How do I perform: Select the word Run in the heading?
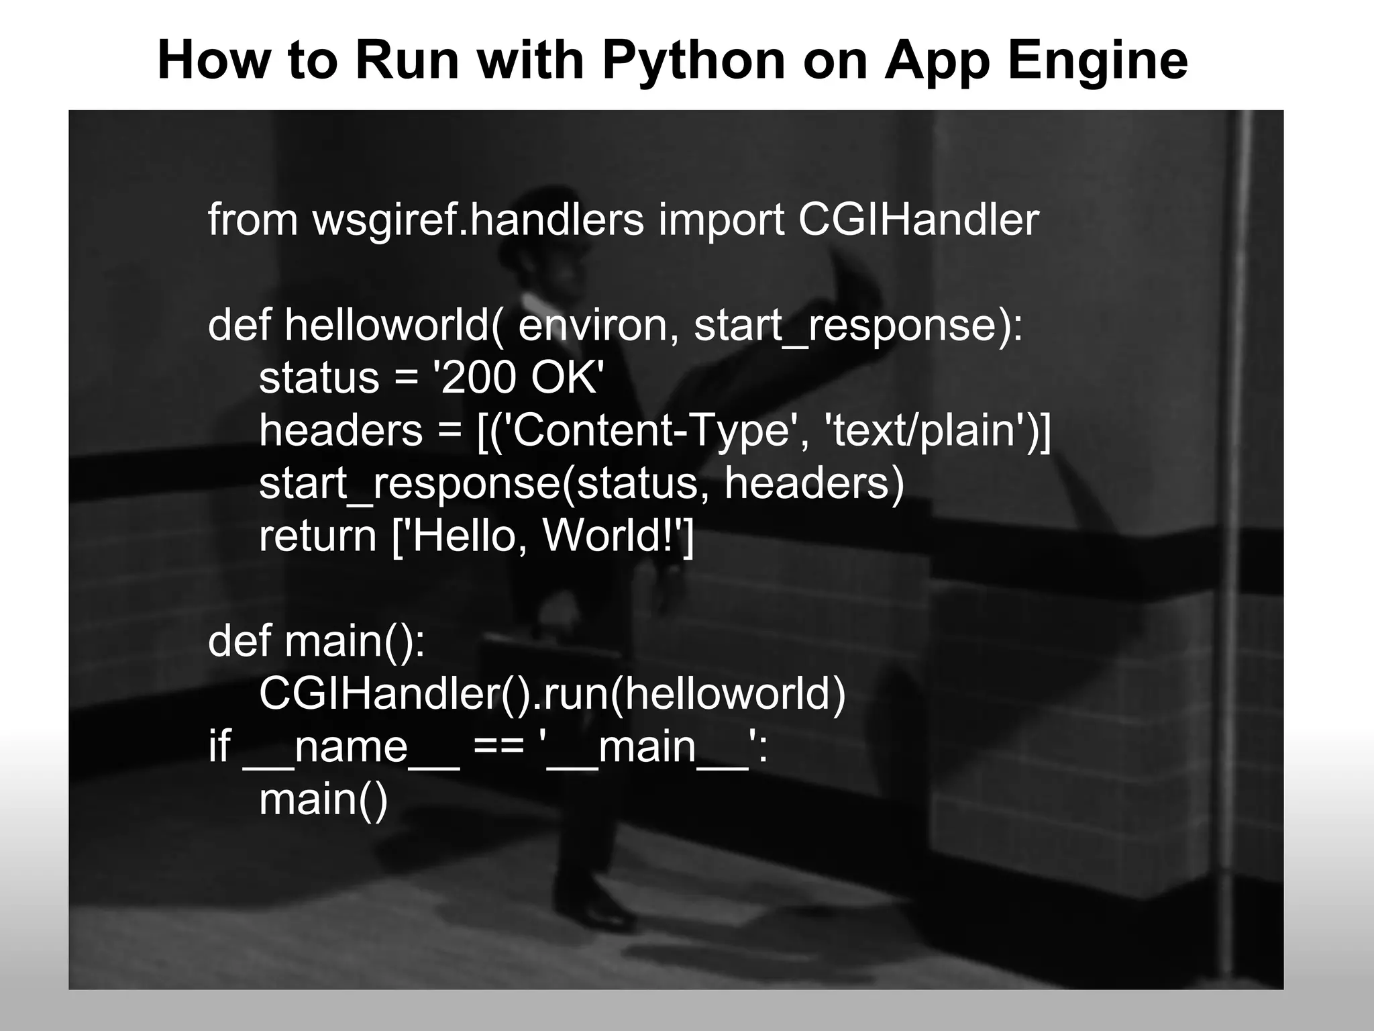[407, 60]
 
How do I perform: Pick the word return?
[317, 536]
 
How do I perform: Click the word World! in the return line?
[611, 536]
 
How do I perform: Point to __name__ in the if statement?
[351, 747]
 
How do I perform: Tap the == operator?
[498, 747]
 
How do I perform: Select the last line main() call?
[323, 799]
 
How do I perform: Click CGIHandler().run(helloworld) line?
[552, 694]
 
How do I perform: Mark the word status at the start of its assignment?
[319, 378]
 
